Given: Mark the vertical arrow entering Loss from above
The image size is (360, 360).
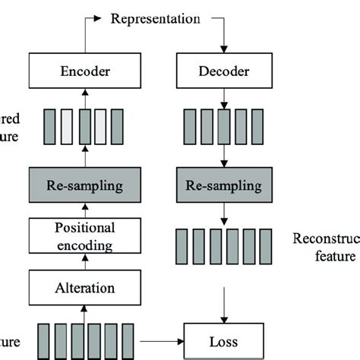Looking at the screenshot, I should pyautogui.click(x=223, y=308).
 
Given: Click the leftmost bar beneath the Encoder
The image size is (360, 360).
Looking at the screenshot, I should pyautogui.click(x=50, y=126).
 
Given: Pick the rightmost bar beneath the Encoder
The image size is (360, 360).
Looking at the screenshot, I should pyautogui.click(x=117, y=126).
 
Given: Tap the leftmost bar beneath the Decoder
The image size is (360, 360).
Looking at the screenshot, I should pyautogui.click(x=190, y=126).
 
